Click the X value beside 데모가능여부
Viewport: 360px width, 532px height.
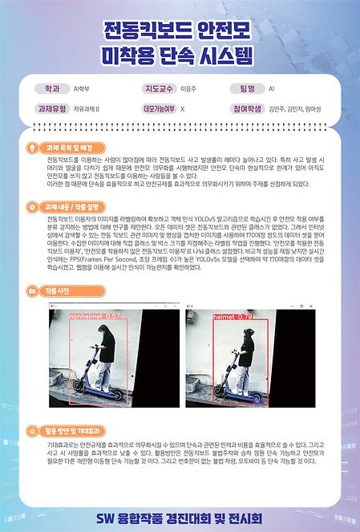click(183, 108)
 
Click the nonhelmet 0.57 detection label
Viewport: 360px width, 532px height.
click(95, 317)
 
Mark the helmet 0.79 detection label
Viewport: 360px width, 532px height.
click(233, 317)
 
